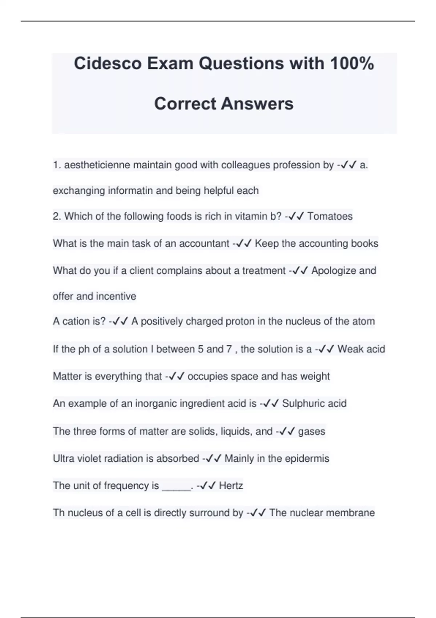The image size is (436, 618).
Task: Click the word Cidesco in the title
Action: click(x=108, y=64)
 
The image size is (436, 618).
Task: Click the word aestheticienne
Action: click(x=97, y=165)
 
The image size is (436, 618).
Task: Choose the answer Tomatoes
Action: click(x=330, y=216)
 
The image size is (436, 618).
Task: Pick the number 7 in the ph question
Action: click(x=229, y=349)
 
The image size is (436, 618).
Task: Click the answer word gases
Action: click(x=312, y=432)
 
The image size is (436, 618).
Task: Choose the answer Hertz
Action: click(x=231, y=486)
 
